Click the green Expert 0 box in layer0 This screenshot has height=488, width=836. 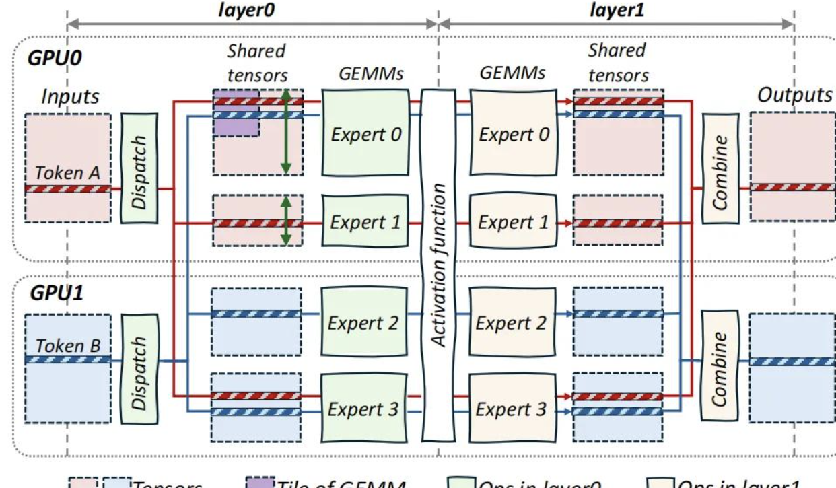363,133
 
